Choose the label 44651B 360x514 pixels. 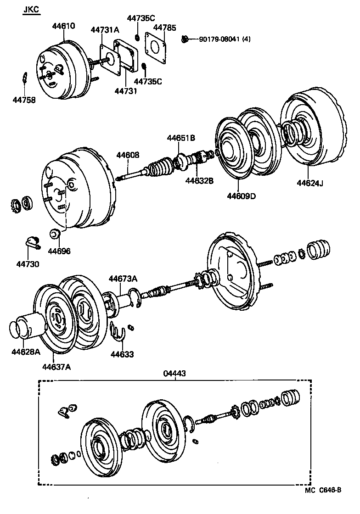(180, 138)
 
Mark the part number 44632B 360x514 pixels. (199, 180)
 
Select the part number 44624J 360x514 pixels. (310, 184)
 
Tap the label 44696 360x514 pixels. (60, 251)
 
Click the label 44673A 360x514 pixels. (123, 279)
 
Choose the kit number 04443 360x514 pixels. (174, 374)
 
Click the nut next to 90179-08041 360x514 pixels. (185, 39)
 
